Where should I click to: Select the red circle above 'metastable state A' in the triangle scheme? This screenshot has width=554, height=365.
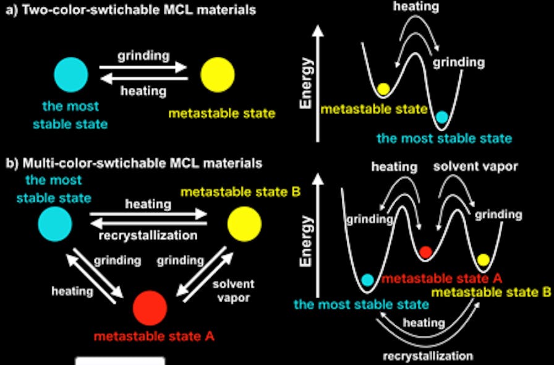click(x=150, y=306)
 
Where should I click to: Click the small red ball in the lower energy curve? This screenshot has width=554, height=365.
click(x=425, y=252)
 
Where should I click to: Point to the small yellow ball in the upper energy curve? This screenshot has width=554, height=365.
click(x=383, y=89)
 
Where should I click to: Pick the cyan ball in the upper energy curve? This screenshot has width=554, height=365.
click(x=441, y=116)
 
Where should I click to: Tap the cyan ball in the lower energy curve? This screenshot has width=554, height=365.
click(x=367, y=280)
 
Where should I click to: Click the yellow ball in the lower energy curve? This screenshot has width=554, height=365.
click(x=484, y=259)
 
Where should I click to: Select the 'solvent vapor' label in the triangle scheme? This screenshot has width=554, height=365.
click(x=233, y=290)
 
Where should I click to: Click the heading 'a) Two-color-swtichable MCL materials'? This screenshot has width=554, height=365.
click(x=130, y=10)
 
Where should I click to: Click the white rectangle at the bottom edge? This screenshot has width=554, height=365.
click(x=120, y=361)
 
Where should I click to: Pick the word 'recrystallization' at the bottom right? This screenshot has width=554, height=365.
click(x=428, y=356)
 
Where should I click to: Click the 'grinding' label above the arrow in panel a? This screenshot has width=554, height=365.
click(x=143, y=56)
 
